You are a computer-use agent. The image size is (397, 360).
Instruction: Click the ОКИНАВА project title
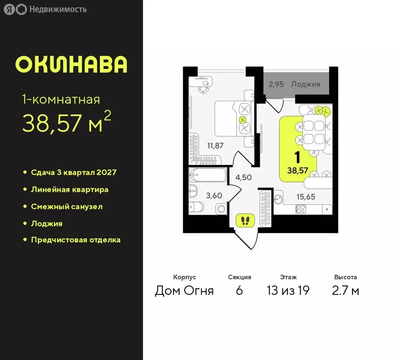click(71, 65)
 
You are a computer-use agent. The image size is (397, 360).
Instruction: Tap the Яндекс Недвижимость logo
click(45, 9)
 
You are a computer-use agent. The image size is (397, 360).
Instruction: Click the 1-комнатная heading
click(61, 99)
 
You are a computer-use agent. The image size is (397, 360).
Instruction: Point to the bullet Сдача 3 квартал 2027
click(73, 172)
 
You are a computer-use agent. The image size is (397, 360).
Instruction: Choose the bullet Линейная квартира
click(69, 189)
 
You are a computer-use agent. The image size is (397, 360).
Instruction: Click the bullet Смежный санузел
click(67, 206)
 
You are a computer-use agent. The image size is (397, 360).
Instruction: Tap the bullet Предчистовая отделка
click(75, 240)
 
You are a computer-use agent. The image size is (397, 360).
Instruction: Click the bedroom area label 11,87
click(215, 145)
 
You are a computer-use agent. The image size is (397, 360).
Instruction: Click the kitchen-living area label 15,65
click(306, 197)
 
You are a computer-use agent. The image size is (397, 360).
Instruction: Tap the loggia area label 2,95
click(277, 84)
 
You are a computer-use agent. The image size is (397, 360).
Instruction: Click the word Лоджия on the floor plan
click(305, 84)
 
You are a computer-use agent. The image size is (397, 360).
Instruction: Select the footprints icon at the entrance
click(245, 220)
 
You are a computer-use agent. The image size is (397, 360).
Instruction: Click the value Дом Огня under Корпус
click(184, 291)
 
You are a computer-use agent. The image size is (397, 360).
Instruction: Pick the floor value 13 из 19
click(288, 291)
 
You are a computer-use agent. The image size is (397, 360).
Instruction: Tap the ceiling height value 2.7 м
click(345, 291)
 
